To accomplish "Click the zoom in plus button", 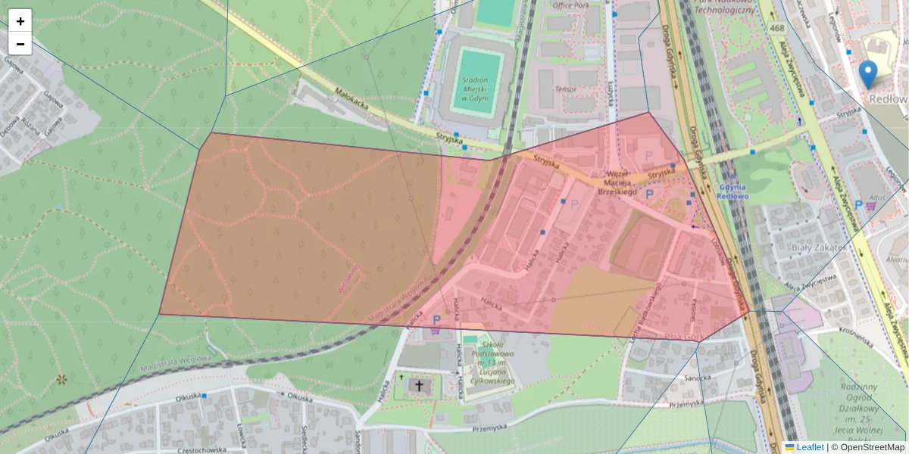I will click(x=20, y=21).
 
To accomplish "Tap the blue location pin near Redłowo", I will click(x=868, y=74).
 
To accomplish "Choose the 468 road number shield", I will click(x=776, y=28).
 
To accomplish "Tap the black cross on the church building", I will click(x=417, y=386).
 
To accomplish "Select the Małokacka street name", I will click(x=352, y=103).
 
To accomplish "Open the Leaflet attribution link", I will click(x=809, y=447).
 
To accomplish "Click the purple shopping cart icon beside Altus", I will click(x=871, y=204).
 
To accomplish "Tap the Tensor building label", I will click(x=565, y=89).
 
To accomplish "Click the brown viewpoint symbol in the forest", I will click(x=61, y=378).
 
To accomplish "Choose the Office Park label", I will click(x=570, y=5).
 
